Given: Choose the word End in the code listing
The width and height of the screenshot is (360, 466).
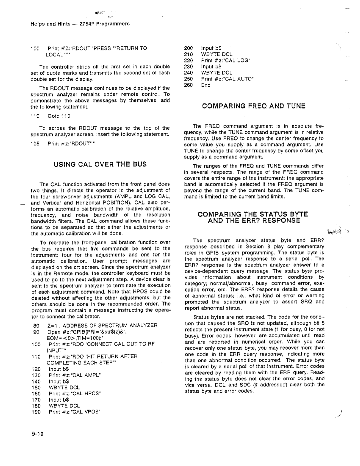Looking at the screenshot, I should (x=206, y=85).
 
